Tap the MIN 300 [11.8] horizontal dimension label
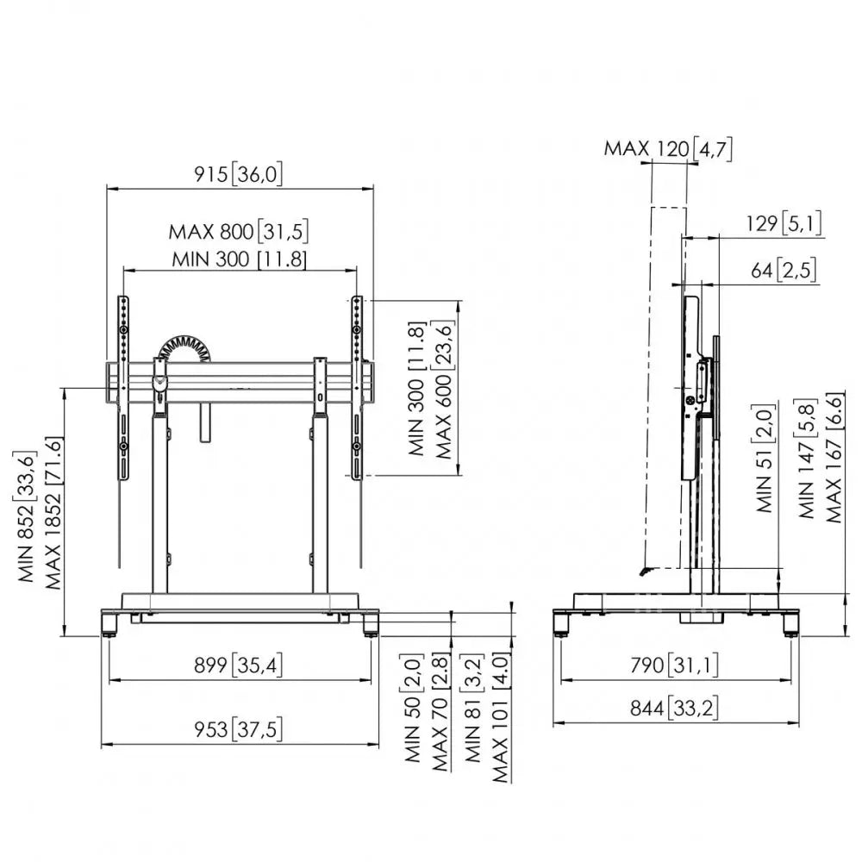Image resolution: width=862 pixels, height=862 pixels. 239,258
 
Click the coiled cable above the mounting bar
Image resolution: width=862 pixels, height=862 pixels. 182,349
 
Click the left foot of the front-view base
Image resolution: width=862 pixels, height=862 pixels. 109,622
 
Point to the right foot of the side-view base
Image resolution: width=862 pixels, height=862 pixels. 790,622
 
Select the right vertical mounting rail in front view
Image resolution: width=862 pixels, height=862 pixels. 356,388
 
